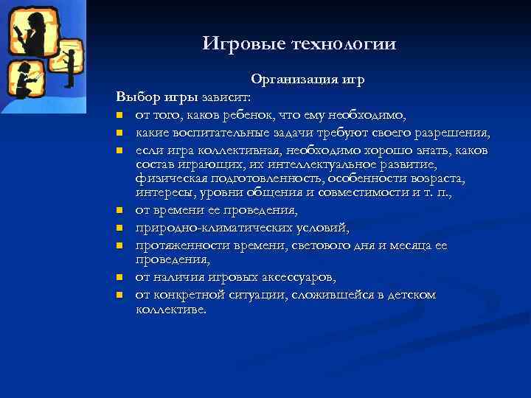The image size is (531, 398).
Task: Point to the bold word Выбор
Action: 134,97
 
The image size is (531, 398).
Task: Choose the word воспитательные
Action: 221,133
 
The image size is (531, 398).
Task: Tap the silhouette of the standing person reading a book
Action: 27,29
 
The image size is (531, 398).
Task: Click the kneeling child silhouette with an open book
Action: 24,80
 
